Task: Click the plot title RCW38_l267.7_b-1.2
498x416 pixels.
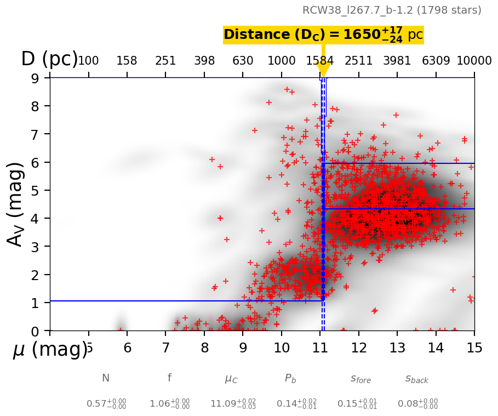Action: click(x=392, y=10)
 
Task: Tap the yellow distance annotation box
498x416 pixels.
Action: click(x=323, y=35)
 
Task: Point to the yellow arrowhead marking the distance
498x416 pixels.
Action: click(x=323, y=71)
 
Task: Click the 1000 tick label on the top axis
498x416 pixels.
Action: click(x=282, y=61)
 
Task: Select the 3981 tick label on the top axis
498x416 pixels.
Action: click(x=397, y=61)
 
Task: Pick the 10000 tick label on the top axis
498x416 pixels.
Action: click(x=473, y=61)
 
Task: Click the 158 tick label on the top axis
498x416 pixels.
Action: click(x=127, y=61)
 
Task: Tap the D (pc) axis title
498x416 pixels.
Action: click(x=49, y=59)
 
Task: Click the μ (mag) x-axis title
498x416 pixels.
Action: click(x=49, y=350)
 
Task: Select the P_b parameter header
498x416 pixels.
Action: click(x=290, y=378)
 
